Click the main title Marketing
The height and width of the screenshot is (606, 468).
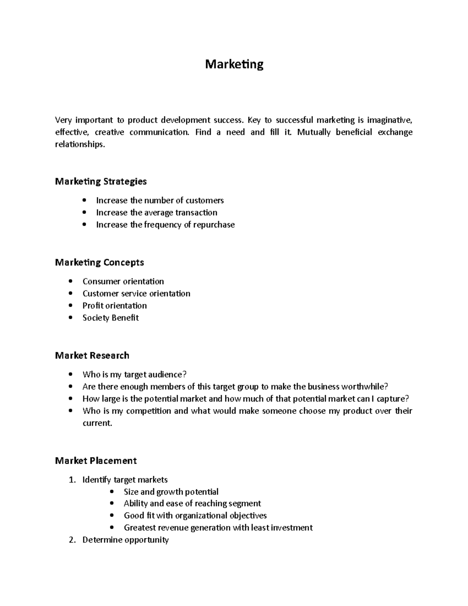(234, 64)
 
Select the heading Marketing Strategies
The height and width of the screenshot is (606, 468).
(101, 181)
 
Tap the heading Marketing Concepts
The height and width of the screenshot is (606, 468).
(99, 263)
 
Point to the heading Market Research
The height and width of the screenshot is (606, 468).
(92, 355)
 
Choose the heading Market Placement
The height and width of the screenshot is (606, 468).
(96, 461)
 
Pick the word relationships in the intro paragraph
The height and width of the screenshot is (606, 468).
(80, 144)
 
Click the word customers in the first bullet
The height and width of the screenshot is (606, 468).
(204, 201)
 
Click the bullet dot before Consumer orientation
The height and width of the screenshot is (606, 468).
(70, 281)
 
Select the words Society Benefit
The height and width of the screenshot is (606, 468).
(110, 318)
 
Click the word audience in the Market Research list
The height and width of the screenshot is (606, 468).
(168, 375)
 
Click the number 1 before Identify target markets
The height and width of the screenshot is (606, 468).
(71, 480)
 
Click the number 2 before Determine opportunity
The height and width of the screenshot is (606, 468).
(71, 540)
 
